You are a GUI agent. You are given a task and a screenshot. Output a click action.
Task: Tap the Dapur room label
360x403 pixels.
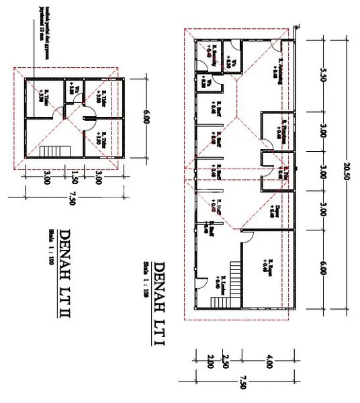click(x=275, y=211)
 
